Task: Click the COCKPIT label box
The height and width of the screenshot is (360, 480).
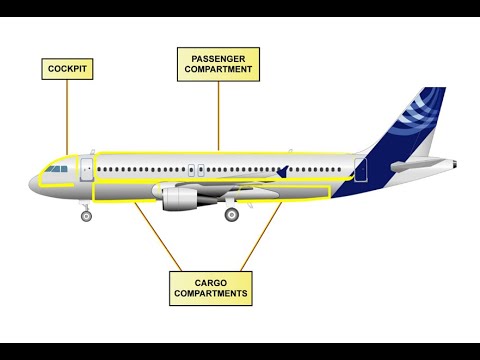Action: pos(67,69)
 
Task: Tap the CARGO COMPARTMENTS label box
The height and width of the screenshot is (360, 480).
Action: pos(210,288)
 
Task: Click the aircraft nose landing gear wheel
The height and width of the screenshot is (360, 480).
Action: pos(86,215)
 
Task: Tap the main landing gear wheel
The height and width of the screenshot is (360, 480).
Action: pos(232,214)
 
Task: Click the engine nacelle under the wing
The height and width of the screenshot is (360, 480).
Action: pos(181,199)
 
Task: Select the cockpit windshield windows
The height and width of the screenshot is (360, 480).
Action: pos(56,169)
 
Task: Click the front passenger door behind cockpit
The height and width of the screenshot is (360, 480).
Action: pos(86,169)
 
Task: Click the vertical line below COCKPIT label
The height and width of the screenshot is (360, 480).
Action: pos(67,115)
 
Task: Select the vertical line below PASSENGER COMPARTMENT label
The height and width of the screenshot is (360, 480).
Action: pos(219,115)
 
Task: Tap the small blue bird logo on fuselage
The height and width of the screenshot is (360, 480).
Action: pos(285,171)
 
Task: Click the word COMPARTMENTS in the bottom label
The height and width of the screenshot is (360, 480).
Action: pos(210,295)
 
